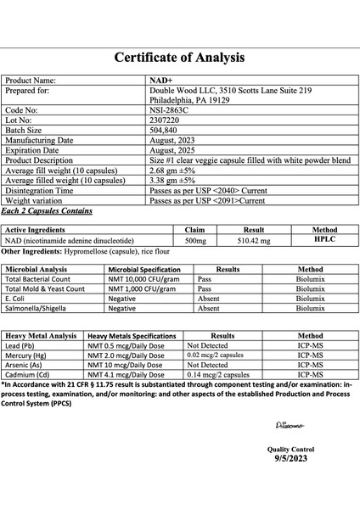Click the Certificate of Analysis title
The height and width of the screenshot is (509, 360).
click(180, 59)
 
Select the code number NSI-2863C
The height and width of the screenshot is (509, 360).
click(168, 109)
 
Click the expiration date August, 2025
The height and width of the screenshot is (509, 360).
click(170, 150)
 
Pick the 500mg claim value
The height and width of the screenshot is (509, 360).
click(195, 242)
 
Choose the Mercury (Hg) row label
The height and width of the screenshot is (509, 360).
click(29, 355)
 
